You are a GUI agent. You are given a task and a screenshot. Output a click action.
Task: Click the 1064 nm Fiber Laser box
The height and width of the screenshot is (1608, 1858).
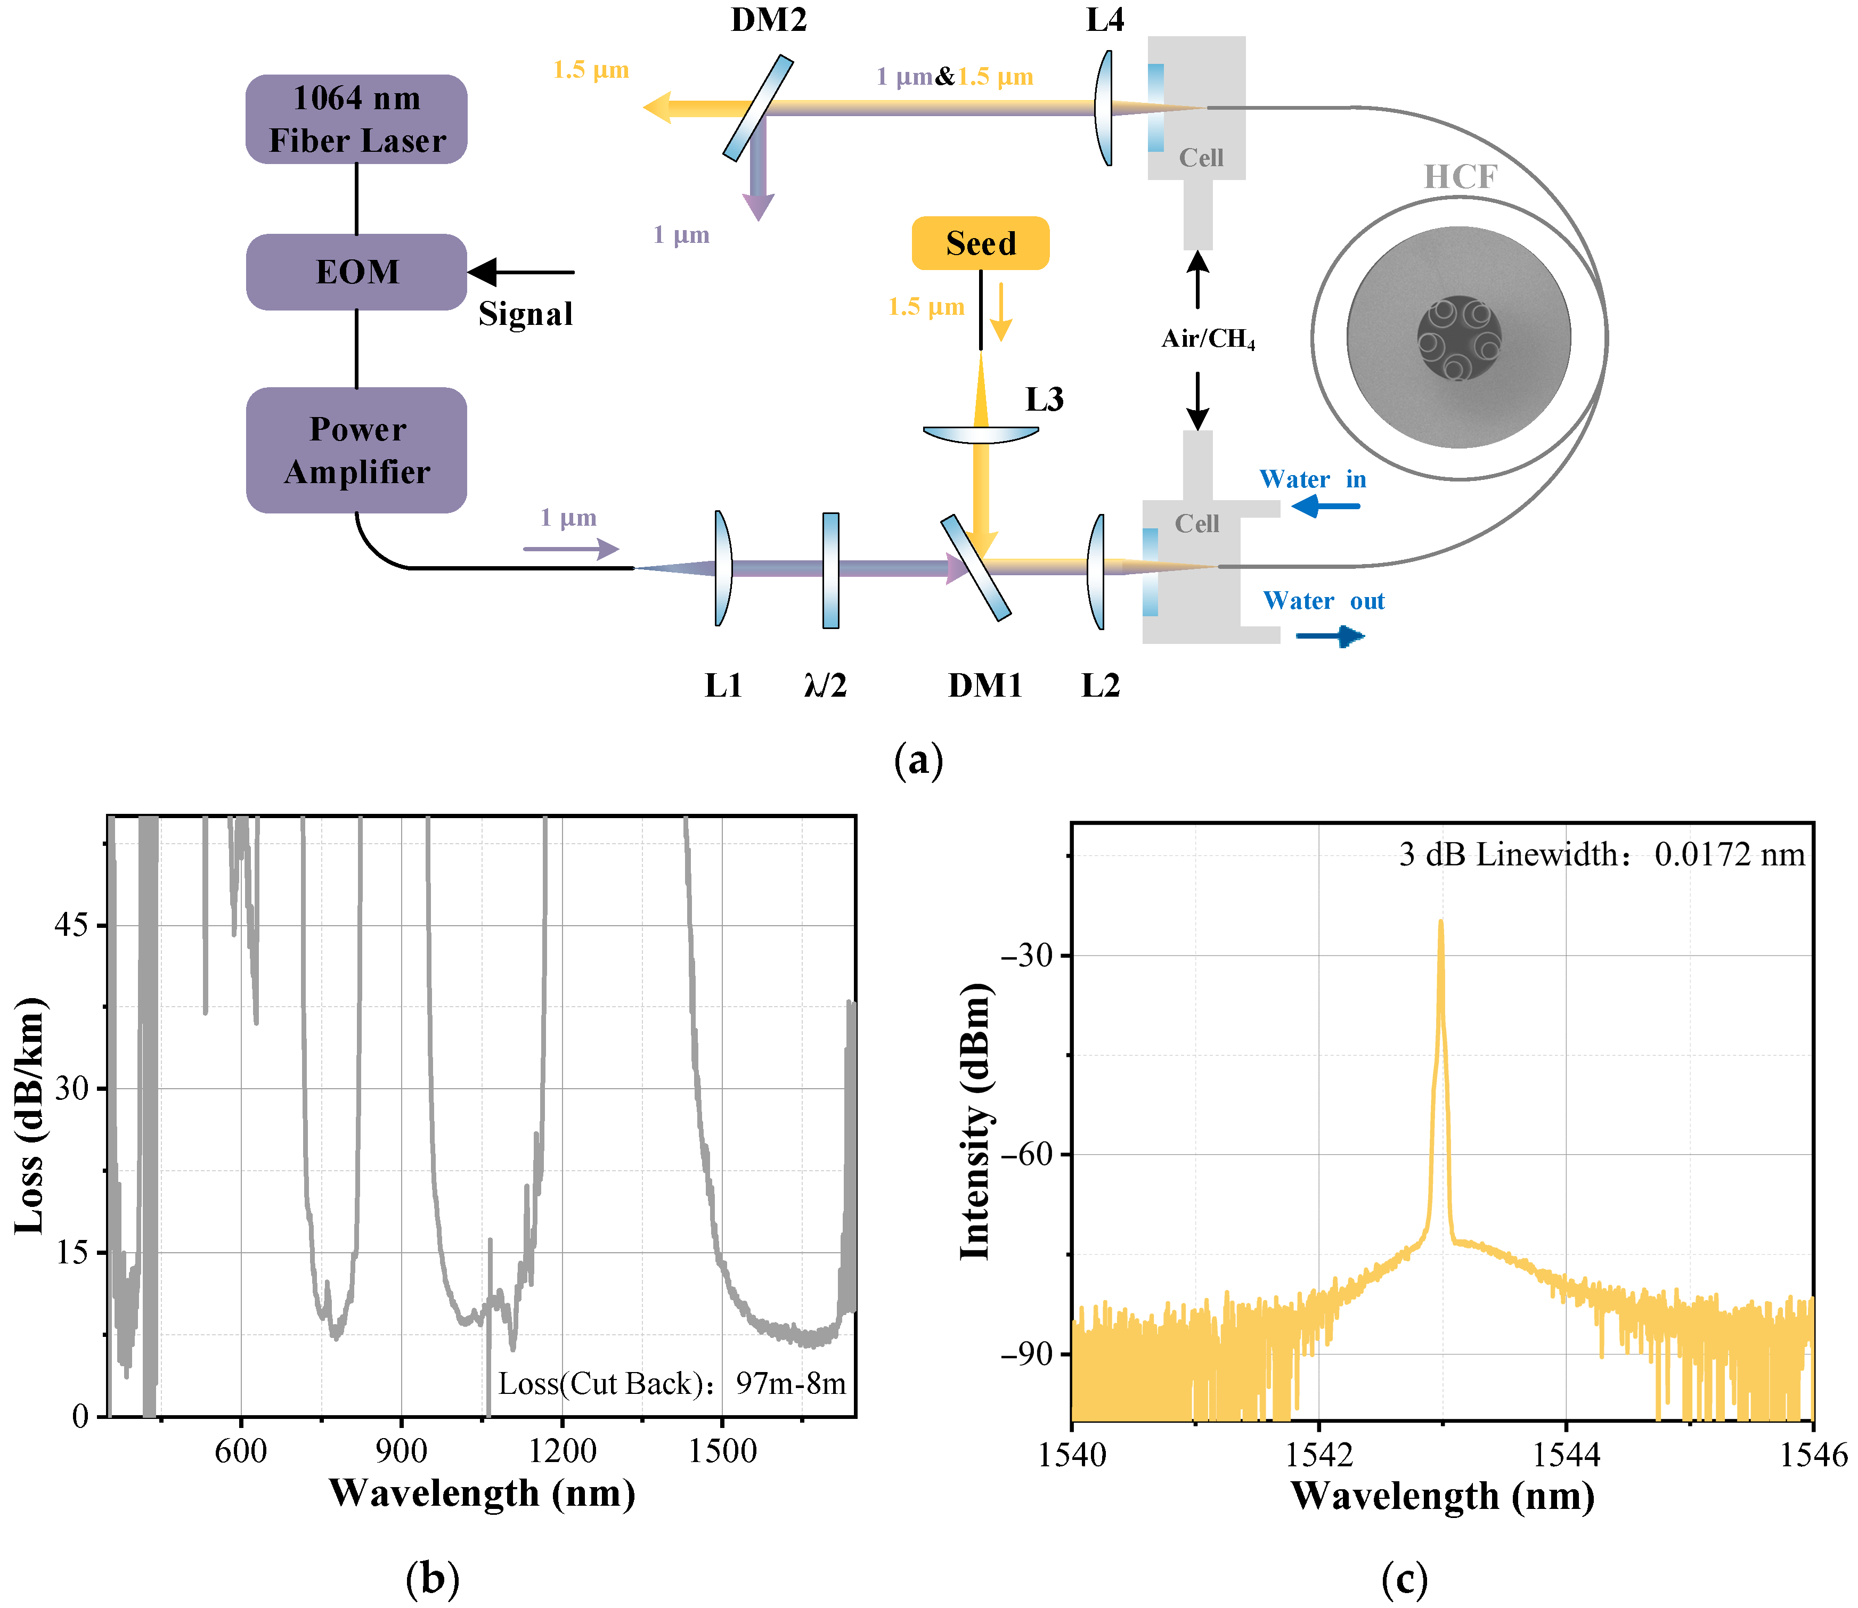(356, 119)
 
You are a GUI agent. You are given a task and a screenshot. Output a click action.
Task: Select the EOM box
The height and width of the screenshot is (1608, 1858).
(356, 272)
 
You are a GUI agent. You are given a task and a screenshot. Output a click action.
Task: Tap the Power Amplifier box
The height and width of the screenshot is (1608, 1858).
(356, 451)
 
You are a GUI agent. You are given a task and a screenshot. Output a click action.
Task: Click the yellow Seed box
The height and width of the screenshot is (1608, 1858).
(980, 243)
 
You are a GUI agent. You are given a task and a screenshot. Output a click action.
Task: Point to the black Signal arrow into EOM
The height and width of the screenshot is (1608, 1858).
(520, 272)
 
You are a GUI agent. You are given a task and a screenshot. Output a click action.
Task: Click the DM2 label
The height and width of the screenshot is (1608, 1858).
(768, 20)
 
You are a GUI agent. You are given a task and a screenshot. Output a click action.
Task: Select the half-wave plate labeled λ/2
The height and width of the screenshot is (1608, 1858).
(831, 570)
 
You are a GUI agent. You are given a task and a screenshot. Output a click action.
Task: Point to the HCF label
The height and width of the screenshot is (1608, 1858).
(1461, 177)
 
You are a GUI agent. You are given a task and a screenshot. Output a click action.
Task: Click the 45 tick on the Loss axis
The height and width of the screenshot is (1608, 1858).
(72, 925)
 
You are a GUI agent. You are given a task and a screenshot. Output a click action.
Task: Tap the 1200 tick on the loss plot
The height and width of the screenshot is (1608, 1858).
(562, 1451)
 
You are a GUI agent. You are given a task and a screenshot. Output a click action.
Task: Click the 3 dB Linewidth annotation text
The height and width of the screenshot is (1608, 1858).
(1601, 854)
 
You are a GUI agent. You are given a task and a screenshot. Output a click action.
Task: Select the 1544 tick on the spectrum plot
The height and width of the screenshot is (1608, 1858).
(1566, 1455)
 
